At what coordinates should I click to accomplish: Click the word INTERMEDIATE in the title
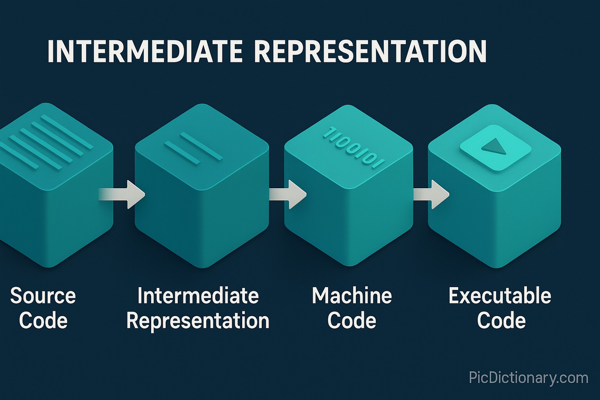[145, 51]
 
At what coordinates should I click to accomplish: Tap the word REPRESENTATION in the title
[370, 51]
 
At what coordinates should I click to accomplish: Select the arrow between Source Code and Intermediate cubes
[124, 194]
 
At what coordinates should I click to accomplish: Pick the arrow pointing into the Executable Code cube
[433, 194]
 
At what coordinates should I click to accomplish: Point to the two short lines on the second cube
[193, 148]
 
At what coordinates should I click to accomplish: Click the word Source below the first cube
[43, 296]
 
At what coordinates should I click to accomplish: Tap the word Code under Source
[43, 321]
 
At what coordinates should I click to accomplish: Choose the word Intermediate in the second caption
[198, 296]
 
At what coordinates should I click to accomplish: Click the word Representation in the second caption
[198, 321]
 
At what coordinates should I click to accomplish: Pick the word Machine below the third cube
[352, 296]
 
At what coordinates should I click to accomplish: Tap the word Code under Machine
[352, 321]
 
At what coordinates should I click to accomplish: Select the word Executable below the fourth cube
[500, 296]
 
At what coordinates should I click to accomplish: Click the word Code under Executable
[501, 321]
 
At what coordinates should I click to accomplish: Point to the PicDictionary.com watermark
[528, 378]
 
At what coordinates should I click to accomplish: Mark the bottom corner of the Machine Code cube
[349, 265]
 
